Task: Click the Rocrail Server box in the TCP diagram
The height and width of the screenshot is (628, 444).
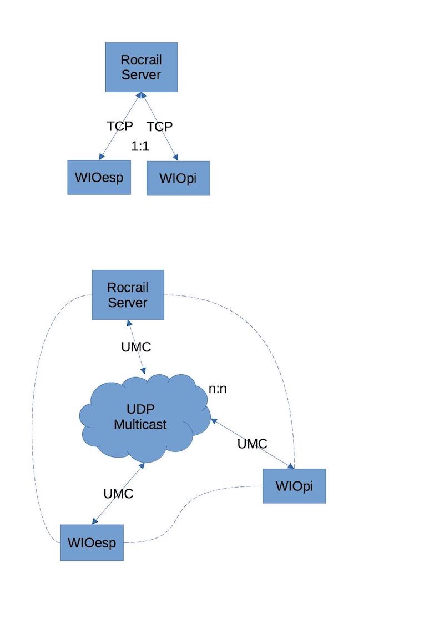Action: point(142,67)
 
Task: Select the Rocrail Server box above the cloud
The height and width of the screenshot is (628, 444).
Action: point(128,295)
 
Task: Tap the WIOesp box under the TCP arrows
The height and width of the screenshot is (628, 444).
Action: point(99,178)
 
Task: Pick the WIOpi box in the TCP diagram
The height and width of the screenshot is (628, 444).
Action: point(178,178)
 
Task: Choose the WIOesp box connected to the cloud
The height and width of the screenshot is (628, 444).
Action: point(92,542)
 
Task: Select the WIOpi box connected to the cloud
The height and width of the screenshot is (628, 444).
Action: point(294,486)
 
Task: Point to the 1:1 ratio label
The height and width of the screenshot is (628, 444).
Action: point(140,147)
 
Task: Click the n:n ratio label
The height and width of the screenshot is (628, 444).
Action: point(218,389)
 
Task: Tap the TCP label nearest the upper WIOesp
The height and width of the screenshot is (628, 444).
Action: point(120,126)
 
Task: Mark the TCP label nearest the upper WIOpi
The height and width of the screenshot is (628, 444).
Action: point(160,127)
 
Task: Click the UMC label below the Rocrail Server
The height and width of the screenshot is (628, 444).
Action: point(136,347)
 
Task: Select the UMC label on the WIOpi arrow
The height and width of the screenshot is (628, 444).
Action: point(253,444)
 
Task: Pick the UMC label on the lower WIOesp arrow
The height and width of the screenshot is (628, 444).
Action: point(119,493)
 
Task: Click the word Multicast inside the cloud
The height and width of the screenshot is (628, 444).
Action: point(140,425)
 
